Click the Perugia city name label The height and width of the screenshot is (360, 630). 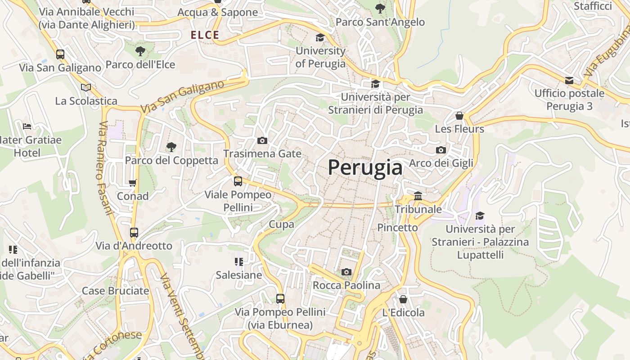(365, 168)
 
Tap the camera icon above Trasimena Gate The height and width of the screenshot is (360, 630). (262, 141)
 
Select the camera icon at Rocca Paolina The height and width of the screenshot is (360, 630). (346, 272)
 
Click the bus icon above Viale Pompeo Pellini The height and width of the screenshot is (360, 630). (238, 181)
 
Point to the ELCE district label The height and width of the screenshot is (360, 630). (205, 35)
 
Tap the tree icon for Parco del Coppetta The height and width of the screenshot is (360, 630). (171, 147)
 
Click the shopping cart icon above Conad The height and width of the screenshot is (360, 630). (133, 183)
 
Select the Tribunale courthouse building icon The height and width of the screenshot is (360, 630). (418, 196)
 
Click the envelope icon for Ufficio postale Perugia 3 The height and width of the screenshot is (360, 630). (569, 81)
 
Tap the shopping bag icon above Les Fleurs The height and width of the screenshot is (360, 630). (459, 116)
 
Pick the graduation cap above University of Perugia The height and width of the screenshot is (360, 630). (320, 37)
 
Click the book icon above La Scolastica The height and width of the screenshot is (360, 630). (86, 87)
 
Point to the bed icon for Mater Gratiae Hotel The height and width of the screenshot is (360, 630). (27, 126)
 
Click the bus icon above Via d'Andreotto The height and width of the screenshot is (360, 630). (134, 233)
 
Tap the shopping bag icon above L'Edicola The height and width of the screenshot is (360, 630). (403, 299)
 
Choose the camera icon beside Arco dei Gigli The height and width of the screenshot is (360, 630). (441, 150)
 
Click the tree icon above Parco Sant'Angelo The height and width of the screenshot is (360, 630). (380, 8)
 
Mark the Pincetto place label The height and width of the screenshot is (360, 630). (397, 228)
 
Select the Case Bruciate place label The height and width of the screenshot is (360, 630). (115, 291)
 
